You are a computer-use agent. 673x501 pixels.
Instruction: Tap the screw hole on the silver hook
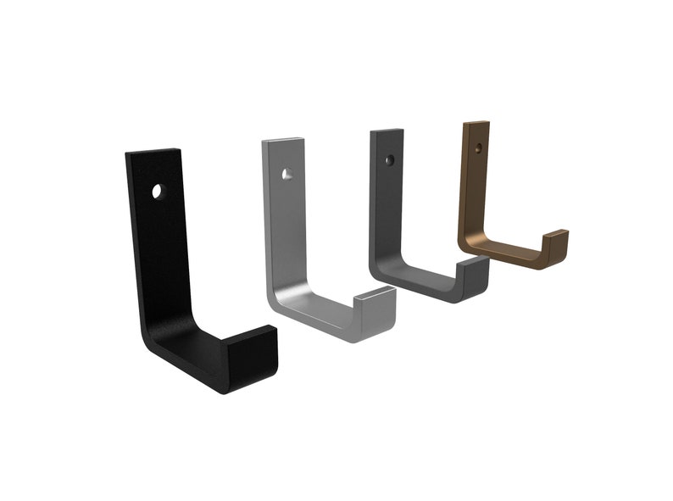[288, 174]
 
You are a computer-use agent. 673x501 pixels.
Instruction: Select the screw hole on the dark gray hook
[389, 159]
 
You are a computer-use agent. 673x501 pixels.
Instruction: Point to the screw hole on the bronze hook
[478, 148]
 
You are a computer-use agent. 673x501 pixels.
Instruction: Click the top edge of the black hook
[153, 152]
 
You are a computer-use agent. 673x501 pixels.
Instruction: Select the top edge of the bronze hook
[476, 124]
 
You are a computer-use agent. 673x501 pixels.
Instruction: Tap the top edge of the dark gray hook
[387, 131]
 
